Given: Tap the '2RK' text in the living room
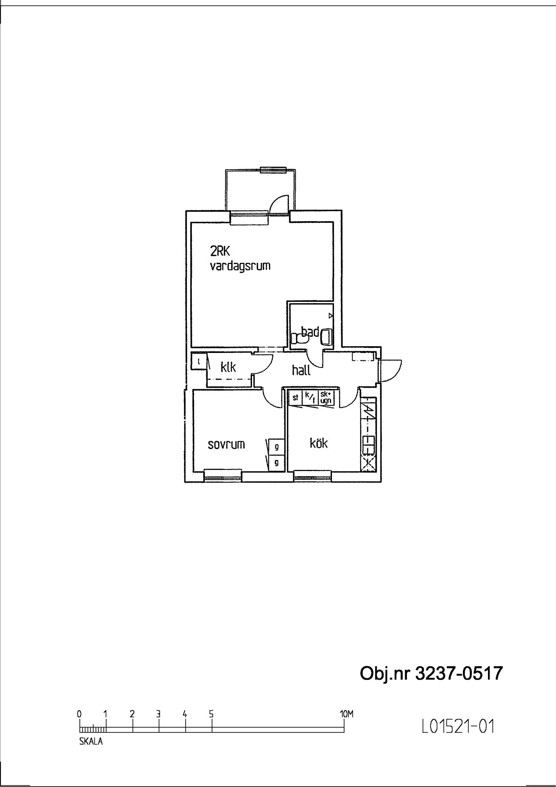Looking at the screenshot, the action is pyautogui.click(x=220, y=251).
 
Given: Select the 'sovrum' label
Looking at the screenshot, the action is pyautogui.click(x=226, y=444).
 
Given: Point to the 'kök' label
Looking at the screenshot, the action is pyautogui.click(x=319, y=443).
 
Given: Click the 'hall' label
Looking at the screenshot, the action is pyautogui.click(x=301, y=370).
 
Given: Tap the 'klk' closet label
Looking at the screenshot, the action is pyautogui.click(x=228, y=367).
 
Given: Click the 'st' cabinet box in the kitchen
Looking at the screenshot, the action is pyautogui.click(x=295, y=397).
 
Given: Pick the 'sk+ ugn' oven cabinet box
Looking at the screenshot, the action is pyautogui.click(x=326, y=397).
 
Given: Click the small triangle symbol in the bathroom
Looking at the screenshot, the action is pyautogui.click(x=331, y=316).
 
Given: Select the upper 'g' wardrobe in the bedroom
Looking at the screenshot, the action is pyautogui.click(x=276, y=447).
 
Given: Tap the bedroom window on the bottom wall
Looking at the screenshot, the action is pyautogui.click(x=223, y=477).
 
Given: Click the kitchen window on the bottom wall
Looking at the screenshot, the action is pyautogui.click(x=313, y=477).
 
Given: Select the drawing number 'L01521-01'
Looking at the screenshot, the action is pyautogui.click(x=457, y=726).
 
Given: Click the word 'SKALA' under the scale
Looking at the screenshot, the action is pyautogui.click(x=91, y=742).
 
